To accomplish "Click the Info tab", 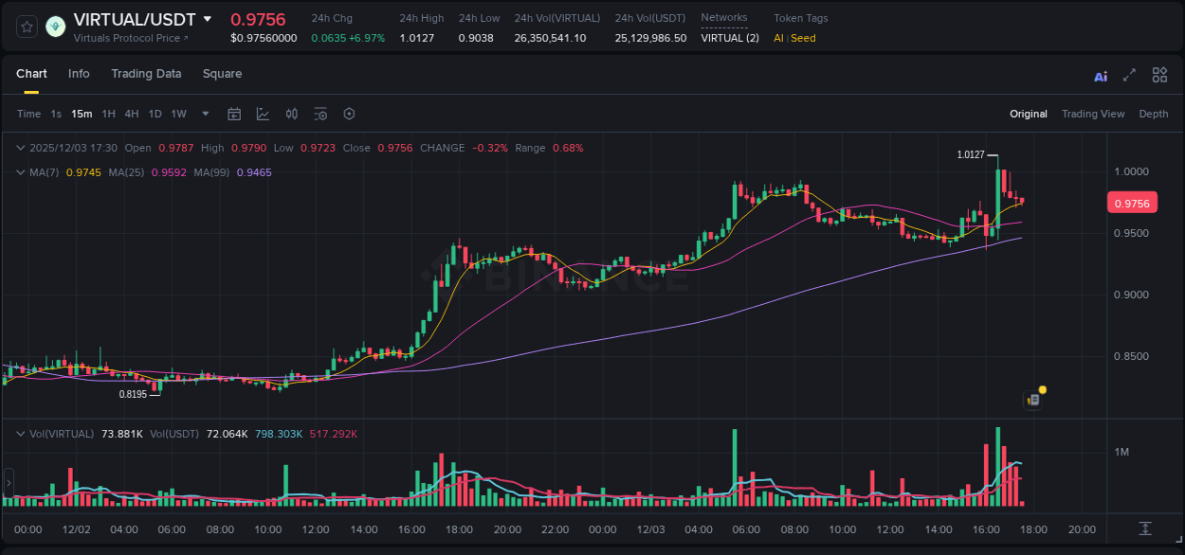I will click(x=79, y=74).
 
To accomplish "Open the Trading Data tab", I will click(x=146, y=74).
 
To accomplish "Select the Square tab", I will click(x=222, y=74).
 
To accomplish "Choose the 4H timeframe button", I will click(x=131, y=114).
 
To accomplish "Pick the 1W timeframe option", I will click(x=178, y=114).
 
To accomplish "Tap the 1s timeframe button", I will click(x=56, y=114).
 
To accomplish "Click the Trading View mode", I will click(x=1093, y=114).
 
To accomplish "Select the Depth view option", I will click(x=1154, y=114).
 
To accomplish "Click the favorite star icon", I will click(x=27, y=27).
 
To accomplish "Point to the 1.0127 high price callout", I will click(x=971, y=154).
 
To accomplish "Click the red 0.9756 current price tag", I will click(x=1132, y=203).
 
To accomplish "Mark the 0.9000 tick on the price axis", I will click(x=1132, y=295).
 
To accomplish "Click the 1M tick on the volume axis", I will click(x=1121, y=452).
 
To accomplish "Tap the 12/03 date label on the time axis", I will click(x=651, y=529).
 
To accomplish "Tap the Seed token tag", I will click(x=803, y=38).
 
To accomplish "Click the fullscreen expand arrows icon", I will click(x=1129, y=76).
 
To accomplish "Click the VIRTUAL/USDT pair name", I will click(x=135, y=20).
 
